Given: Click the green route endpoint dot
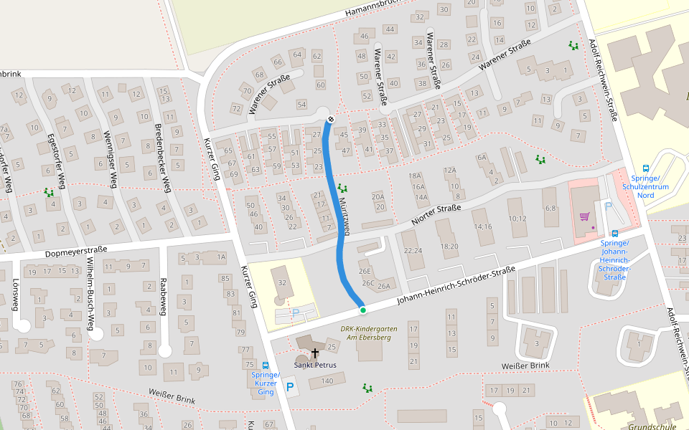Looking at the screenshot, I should (363, 310).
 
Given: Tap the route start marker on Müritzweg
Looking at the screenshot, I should (331, 119).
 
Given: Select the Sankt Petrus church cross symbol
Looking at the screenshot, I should (314, 353).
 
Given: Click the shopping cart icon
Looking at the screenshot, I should (584, 216).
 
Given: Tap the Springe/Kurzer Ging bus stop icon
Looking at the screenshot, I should (266, 365).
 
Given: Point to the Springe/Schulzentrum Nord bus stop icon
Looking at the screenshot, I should (645, 168).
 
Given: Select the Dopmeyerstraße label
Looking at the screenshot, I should (75, 251).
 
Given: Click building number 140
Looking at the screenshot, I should (327, 381).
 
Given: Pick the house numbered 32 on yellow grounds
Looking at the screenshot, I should (282, 283).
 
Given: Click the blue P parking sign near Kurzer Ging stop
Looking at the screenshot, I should (291, 388).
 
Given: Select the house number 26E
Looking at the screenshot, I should (365, 272).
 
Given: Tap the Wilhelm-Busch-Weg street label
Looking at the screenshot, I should (90, 295).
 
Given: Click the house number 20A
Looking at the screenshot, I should (378, 196).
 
